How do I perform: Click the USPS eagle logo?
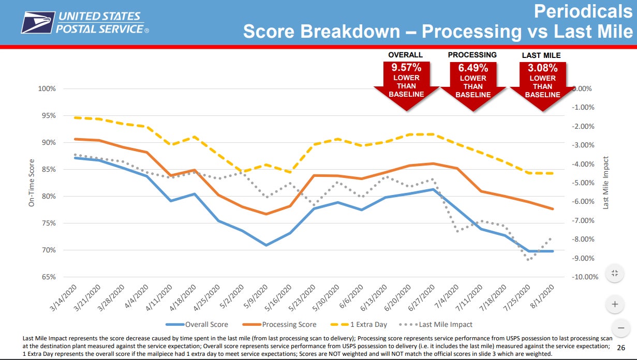(x=37, y=23)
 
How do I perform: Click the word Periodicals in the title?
(x=583, y=11)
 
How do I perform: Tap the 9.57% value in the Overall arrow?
(x=405, y=68)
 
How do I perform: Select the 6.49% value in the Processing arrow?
(x=472, y=68)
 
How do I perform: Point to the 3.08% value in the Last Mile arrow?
(x=542, y=68)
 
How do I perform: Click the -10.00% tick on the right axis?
(x=585, y=277)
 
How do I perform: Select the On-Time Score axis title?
(x=31, y=183)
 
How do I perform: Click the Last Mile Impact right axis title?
(x=606, y=183)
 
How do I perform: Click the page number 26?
(x=622, y=347)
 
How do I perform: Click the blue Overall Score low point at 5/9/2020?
(x=266, y=245)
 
